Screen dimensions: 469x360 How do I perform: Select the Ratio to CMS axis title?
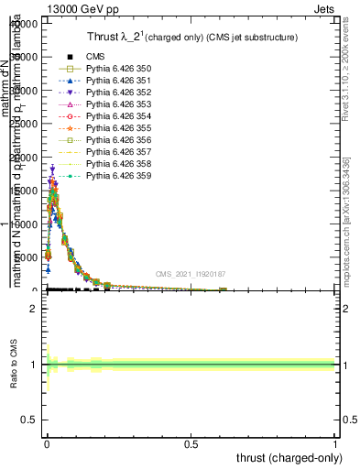coord(14,365)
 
